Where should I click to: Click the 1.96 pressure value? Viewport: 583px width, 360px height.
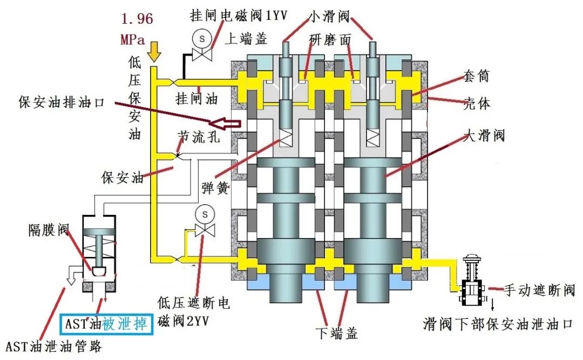tap(137, 19)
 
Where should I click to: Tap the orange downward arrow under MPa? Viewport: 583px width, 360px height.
tap(154, 51)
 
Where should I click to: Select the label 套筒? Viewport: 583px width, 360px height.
tap(476, 76)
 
